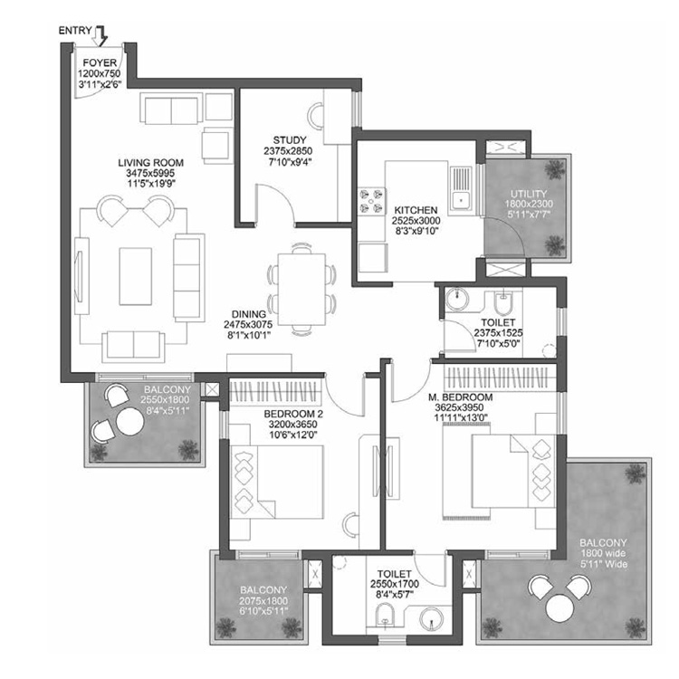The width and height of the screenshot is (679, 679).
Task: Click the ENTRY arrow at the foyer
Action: click(x=101, y=35)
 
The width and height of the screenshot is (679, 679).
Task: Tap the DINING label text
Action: click(x=247, y=314)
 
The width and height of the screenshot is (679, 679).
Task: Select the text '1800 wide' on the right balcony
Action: click(x=604, y=554)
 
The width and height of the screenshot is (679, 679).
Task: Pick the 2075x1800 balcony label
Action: click(x=264, y=600)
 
